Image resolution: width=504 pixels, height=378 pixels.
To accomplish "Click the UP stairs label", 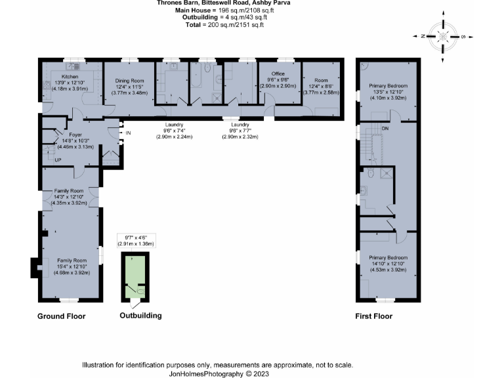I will coord(58,159).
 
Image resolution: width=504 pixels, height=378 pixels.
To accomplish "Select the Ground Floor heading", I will coord(61,316).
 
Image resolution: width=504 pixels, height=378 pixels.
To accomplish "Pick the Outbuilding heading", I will coord(140,316).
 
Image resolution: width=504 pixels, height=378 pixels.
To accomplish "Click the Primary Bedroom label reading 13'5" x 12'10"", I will coord(388,87).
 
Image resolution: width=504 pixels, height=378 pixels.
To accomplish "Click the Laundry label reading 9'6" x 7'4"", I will coord(174,125).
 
